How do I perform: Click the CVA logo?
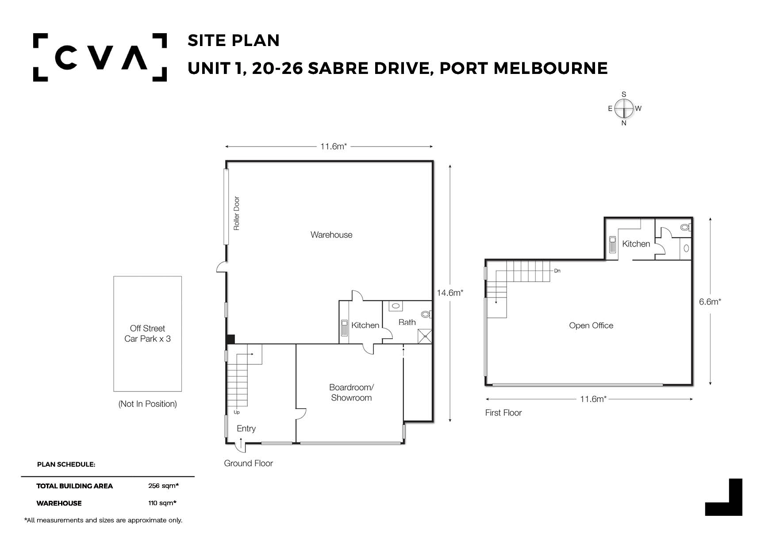click(100, 57)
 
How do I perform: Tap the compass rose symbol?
click(624, 108)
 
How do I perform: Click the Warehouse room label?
click(331, 235)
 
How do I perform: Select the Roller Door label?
click(237, 213)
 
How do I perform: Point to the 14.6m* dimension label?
click(449, 293)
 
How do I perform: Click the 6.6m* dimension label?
click(710, 302)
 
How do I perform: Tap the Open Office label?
click(591, 325)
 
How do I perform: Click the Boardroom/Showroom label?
click(351, 392)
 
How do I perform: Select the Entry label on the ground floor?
click(246, 429)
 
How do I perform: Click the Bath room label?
click(407, 322)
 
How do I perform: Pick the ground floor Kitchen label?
click(365, 325)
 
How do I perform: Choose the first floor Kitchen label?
click(636, 244)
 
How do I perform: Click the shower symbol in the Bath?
click(425, 336)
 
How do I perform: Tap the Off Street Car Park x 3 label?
click(147, 333)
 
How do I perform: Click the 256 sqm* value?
click(163, 486)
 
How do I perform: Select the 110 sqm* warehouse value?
click(162, 503)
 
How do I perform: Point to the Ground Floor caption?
click(248, 463)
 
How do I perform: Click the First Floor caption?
click(503, 413)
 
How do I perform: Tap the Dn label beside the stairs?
click(557, 271)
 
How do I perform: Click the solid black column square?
click(230, 339)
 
